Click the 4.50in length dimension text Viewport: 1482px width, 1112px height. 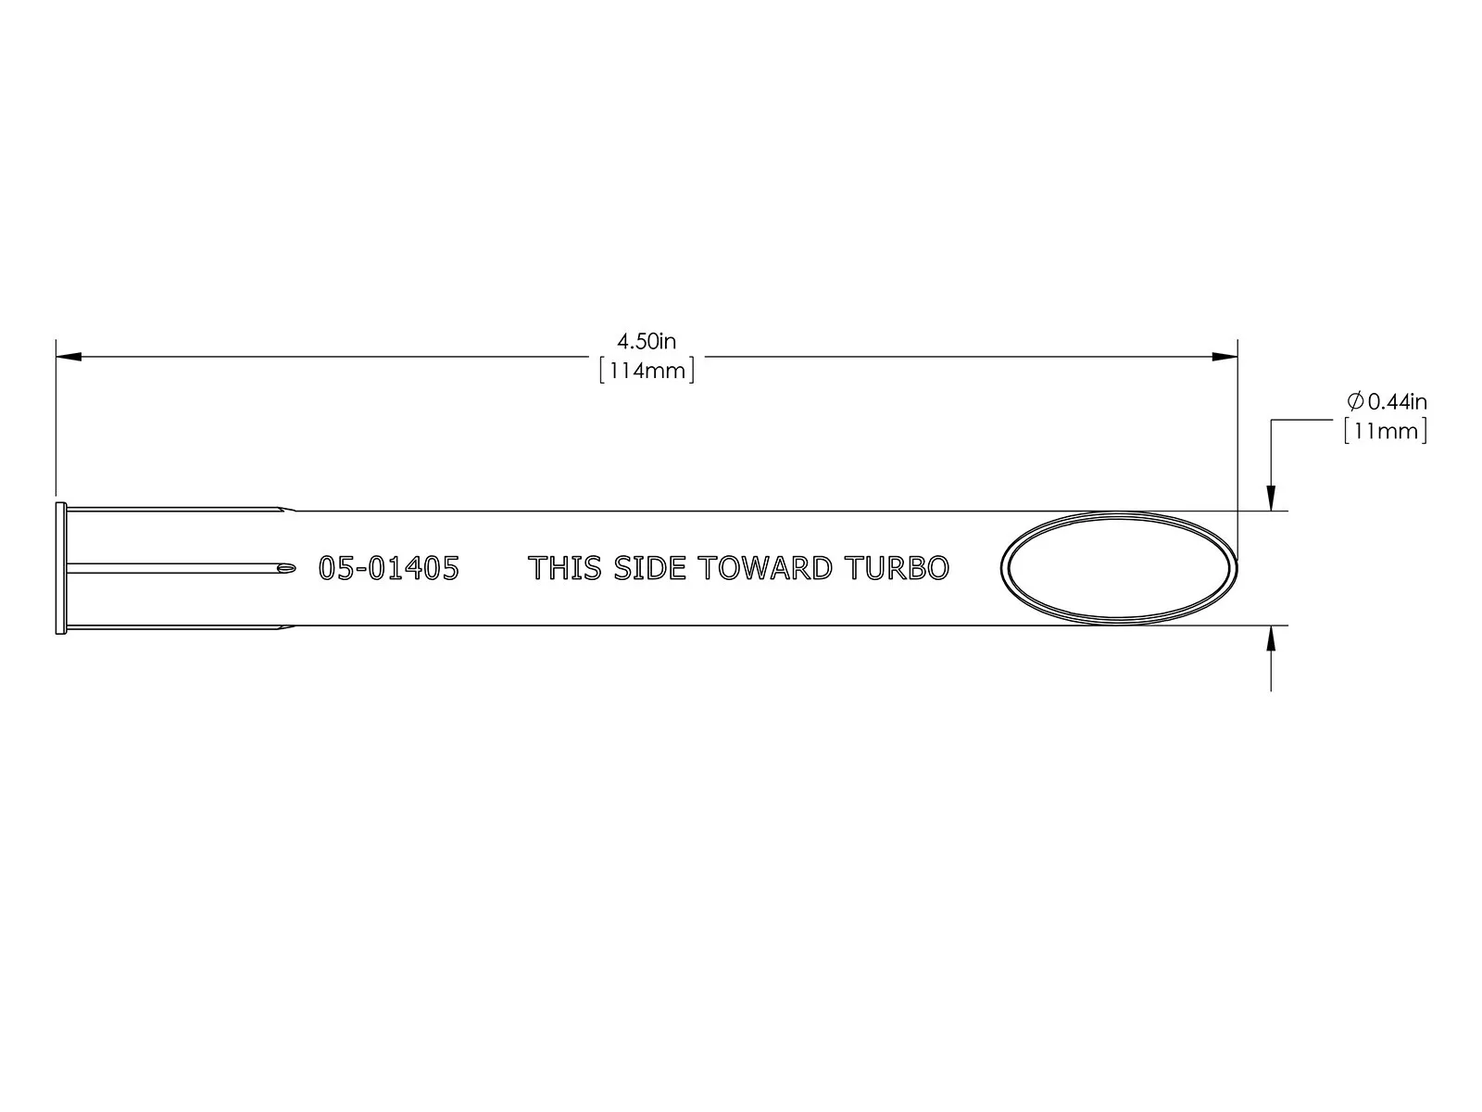[x=647, y=342]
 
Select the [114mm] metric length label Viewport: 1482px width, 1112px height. [x=647, y=371]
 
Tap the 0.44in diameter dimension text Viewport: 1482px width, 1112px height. [x=1397, y=402]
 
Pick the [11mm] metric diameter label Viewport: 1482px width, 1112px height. [x=1386, y=431]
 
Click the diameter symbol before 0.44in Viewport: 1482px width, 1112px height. [x=1355, y=402]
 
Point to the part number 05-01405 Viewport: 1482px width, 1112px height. [x=389, y=568]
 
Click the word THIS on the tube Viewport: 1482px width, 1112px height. [x=564, y=568]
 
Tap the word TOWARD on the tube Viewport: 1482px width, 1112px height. [x=765, y=568]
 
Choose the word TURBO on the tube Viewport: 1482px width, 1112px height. [x=897, y=568]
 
